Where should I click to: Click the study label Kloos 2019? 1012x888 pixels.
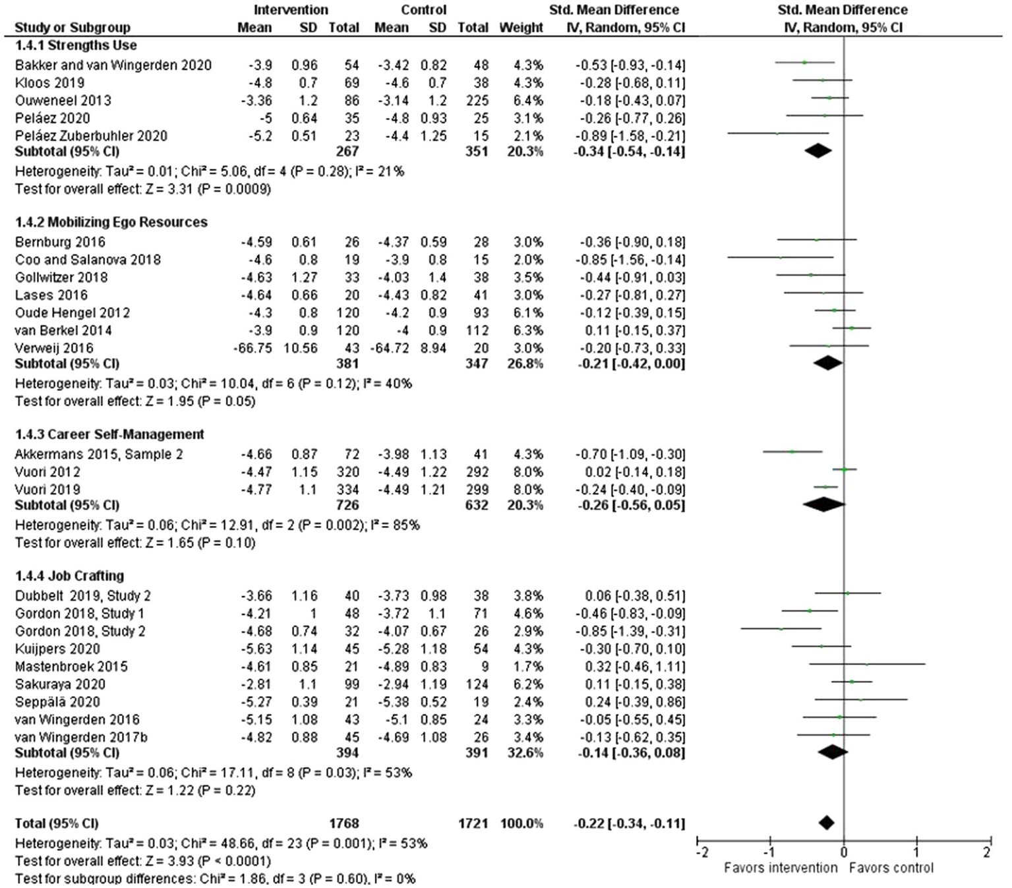pos(49,83)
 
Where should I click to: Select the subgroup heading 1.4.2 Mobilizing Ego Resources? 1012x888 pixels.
pos(111,222)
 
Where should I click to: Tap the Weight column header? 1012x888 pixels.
pos(521,28)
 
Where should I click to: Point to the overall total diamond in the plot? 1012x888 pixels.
pos(826,823)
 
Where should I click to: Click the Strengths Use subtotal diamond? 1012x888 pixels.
pos(818,151)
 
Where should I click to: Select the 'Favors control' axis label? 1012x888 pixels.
pos(891,868)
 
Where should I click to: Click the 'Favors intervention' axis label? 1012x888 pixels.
pos(780,868)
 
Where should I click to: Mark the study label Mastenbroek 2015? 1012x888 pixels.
pos(71,666)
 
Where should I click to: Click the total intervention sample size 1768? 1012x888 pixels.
pos(343,823)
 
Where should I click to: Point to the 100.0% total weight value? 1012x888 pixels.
pos(521,823)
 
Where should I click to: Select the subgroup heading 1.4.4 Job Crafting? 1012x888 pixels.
pos(69,576)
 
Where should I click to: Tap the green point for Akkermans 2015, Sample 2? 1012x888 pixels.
pos(792,452)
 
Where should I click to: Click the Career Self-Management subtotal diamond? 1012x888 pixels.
pos(824,505)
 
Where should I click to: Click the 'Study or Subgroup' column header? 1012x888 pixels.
pos(72,28)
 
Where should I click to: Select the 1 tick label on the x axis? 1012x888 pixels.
pos(916,852)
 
